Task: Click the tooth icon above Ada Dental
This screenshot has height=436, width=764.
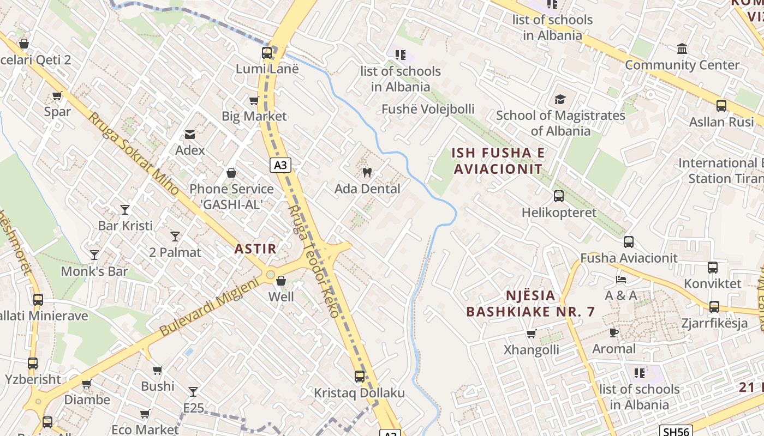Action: coord(367,173)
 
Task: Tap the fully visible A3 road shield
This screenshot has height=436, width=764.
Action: coord(280,165)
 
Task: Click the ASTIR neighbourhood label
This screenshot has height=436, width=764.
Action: coord(255,249)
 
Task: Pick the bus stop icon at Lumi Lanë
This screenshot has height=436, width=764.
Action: coord(267,53)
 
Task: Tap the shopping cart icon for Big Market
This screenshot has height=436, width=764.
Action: coord(254,100)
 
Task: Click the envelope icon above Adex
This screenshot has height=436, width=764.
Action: coord(190,134)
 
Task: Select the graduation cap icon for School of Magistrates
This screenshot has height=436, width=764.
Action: coord(560,99)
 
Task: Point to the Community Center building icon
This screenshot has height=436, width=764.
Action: coord(682,50)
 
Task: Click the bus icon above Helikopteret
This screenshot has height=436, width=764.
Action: coord(559,196)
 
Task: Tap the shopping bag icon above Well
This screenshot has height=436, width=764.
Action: coord(281,281)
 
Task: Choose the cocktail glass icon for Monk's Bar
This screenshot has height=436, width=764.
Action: coord(94,255)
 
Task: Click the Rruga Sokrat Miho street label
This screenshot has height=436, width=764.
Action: coord(133,154)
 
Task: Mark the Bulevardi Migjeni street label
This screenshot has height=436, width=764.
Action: coord(208,307)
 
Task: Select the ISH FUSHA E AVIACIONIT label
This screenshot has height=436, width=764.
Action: coord(498,161)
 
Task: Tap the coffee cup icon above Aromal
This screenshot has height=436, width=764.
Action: coord(614,332)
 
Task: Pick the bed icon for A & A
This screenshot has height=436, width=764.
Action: coord(620,280)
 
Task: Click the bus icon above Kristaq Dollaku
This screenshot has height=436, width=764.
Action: coord(359,377)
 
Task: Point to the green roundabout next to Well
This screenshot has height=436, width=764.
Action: coord(270,274)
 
